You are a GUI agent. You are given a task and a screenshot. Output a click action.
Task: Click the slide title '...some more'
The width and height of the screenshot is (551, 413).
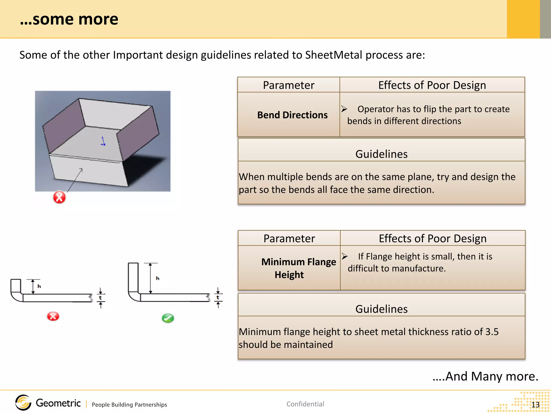[x=69, y=19]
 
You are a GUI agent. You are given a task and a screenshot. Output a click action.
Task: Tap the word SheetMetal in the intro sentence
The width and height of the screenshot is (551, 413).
[x=333, y=55]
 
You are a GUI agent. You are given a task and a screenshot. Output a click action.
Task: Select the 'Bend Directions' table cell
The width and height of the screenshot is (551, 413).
[x=292, y=115]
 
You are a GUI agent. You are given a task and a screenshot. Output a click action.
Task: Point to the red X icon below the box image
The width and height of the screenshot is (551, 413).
[x=59, y=198]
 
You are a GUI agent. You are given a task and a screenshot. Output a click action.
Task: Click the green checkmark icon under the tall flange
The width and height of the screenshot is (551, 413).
[x=168, y=318]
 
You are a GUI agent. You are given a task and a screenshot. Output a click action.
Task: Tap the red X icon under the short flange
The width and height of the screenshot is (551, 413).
[x=53, y=316]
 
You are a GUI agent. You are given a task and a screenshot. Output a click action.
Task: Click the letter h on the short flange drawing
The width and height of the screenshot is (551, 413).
[x=39, y=286]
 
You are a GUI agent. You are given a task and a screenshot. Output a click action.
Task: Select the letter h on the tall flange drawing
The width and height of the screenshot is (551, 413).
[x=158, y=278]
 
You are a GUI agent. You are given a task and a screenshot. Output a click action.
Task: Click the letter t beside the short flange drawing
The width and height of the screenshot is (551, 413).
[x=100, y=298]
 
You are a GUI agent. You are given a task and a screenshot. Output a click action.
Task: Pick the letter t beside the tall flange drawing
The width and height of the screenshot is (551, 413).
[x=218, y=298]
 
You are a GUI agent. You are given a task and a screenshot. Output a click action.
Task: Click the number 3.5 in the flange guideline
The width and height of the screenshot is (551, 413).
[x=492, y=332]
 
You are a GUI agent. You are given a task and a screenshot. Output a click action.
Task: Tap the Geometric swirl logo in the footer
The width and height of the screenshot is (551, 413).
[x=23, y=403]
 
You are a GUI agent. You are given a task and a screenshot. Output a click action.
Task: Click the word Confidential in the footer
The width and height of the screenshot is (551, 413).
[x=305, y=404]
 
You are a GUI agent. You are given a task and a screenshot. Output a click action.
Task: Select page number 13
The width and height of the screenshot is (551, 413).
[x=535, y=405]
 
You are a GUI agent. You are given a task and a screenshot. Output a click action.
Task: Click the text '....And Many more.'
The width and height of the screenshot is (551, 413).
[x=485, y=376]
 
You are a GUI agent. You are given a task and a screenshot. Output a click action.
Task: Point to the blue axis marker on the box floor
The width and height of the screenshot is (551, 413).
[x=103, y=142]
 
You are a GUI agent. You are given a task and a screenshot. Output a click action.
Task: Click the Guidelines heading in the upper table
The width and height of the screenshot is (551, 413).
[x=381, y=154]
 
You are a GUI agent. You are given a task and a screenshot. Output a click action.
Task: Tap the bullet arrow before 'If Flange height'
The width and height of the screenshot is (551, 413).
[x=345, y=257]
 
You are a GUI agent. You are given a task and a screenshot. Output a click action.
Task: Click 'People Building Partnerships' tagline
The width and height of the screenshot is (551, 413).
[x=129, y=405]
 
